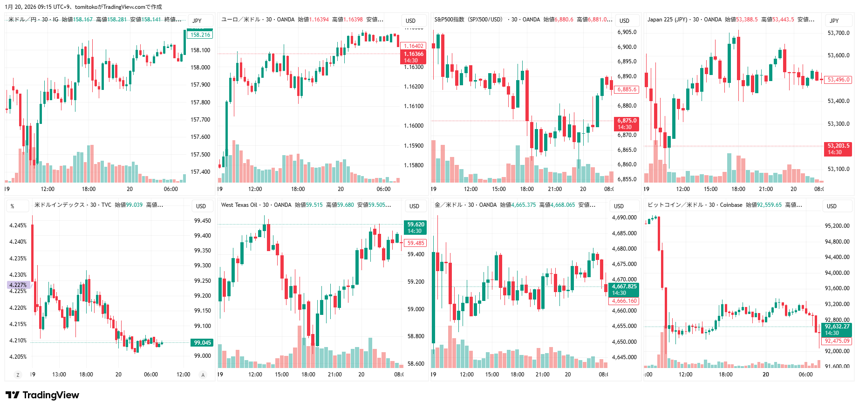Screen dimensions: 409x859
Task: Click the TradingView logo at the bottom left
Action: click(42, 395)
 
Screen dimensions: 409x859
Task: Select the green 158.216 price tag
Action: click(200, 35)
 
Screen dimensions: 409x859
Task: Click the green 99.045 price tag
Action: click(202, 343)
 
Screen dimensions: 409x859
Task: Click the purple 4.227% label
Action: click(18, 285)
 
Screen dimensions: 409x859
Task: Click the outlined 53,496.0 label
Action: click(838, 80)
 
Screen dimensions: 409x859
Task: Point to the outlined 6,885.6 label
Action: click(627, 89)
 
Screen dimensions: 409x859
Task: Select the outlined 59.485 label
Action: click(416, 243)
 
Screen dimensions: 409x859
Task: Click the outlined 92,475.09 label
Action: click(837, 341)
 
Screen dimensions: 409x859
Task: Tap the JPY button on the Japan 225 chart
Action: click(834, 20)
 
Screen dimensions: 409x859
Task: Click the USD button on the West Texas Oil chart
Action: click(414, 206)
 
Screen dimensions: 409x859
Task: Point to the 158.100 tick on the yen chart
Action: click(200, 50)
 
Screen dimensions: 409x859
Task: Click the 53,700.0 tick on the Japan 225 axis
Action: click(838, 33)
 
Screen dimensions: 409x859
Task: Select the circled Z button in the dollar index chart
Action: click(18, 375)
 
